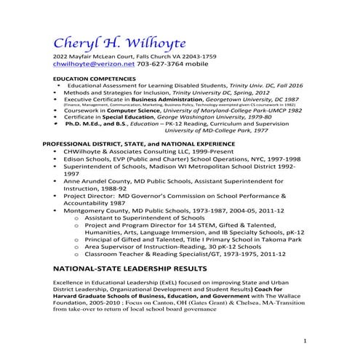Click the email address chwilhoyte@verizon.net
click(93, 64)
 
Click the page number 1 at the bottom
click(305, 340)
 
